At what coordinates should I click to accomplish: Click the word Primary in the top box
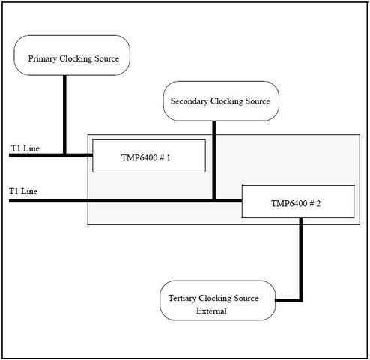[42, 58]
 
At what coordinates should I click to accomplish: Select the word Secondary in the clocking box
[189, 101]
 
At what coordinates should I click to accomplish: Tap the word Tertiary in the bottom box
[182, 298]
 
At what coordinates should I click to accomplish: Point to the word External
[211, 310]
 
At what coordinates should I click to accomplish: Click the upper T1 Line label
[25, 148]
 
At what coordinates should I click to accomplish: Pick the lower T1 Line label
[23, 191]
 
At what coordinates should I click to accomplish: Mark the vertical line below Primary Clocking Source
[64, 115]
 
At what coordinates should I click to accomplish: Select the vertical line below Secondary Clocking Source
[214, 160]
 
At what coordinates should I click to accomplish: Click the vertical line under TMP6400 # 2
[301, 259]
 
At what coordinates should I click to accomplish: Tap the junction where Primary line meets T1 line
[64, 155]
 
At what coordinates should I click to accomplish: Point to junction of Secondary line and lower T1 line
[214, 201]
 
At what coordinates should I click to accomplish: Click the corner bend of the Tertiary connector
[301, 300]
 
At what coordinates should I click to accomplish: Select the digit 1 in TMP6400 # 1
[169, 158]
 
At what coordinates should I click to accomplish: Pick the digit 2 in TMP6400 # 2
[318, 204]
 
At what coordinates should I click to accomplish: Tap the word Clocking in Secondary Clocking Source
[226, 101]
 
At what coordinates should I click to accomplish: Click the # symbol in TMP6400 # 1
[162, 158]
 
